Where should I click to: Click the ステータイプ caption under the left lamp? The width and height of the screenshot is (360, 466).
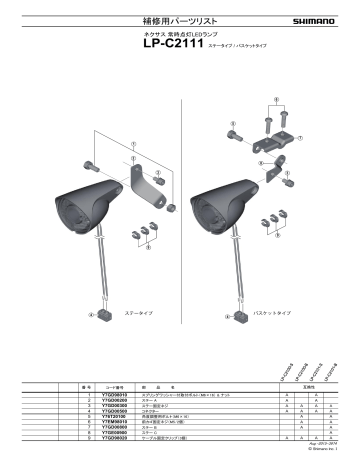[x=134, y=312]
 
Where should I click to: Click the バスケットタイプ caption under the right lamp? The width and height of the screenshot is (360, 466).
[x=273, y=312]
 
